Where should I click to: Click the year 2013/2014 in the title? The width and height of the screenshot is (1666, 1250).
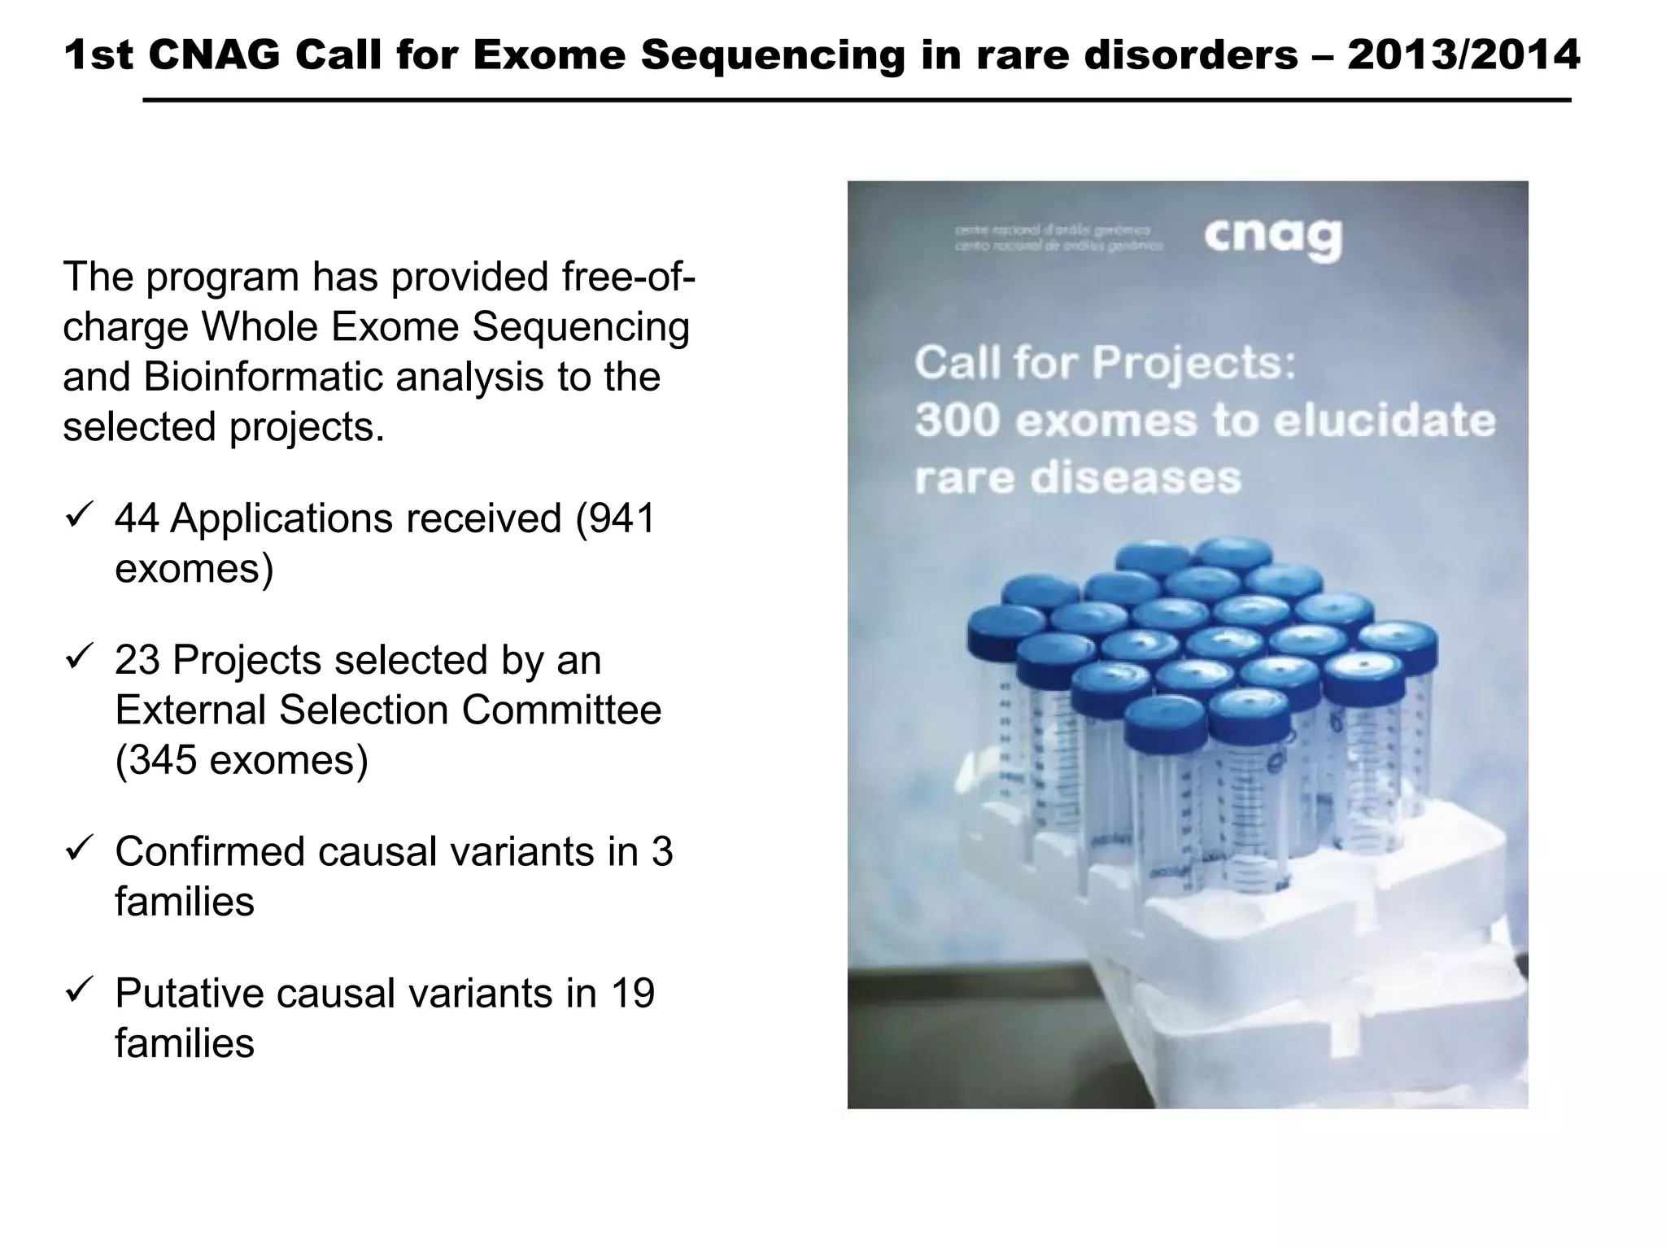tap(1463, 55)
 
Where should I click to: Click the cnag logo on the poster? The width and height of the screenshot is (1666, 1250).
tap(1272, 238)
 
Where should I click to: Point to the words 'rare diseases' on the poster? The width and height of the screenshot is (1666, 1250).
tap(1078, 478)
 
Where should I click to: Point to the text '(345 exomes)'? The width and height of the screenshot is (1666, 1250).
tap(242, 760)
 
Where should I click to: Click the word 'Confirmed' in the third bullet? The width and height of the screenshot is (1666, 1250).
tap(209, 851)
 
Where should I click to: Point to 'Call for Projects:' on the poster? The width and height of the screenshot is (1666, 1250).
tap(1105, 362)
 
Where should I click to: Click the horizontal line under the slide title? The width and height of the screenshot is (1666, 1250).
tap(856, 100)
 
